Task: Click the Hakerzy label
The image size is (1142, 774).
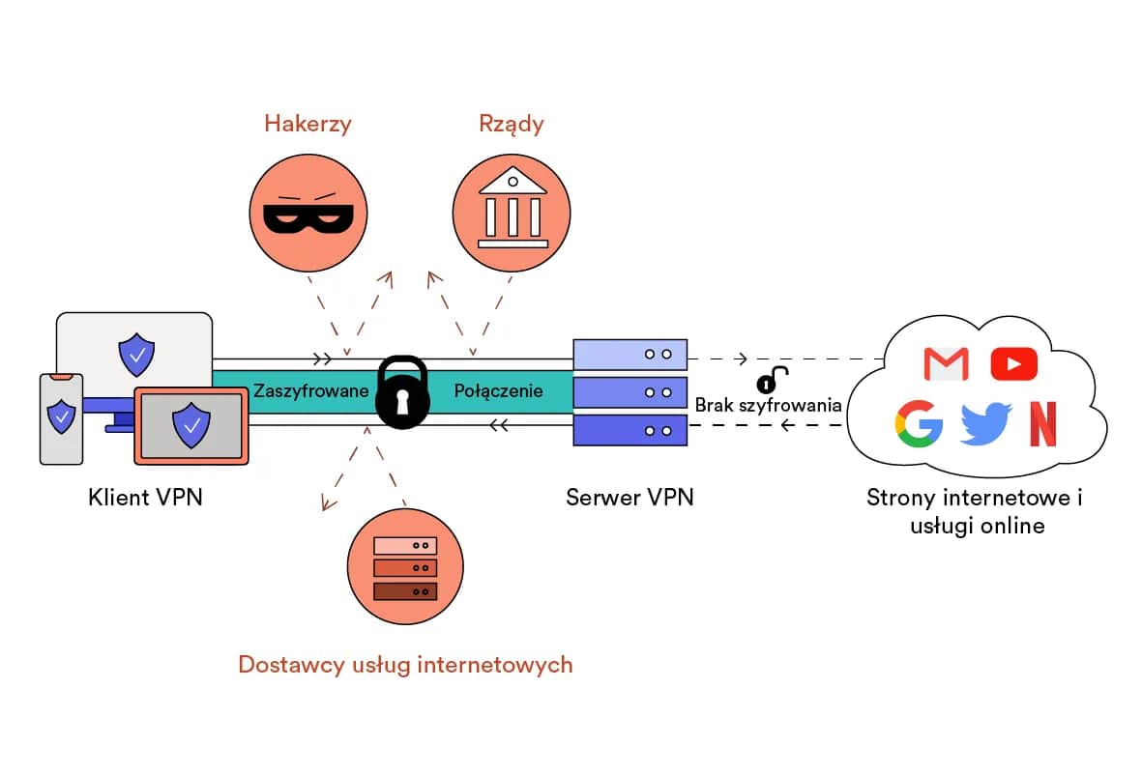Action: pyautogui.click(x=307, y=124)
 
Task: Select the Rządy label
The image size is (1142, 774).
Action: pyautogui.click(x=511, y=124)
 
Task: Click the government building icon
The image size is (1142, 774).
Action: pyautogui.click(x=512, y=210)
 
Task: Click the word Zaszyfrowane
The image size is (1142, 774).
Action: pyautogui.click(x=311, y=391)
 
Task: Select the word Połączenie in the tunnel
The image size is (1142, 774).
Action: pyautogui.click(x=498, y=391)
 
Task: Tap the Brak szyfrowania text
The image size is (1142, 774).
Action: pyautogui.click(x=768, y=405)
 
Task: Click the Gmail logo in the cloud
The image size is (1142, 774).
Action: pyautogui.click(x=946, y=363)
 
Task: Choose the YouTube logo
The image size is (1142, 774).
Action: pyautogui.click(x=1013, y=363)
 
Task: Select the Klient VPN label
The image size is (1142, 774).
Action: pyautogui.click(x=145, y=499)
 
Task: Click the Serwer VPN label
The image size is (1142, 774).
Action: pyautogui.click(x=630, y=499)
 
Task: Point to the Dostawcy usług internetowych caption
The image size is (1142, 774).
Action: pyautogui.click(x=405, y=665)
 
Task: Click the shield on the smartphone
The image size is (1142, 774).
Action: pyautogui.click(x=62, y=416)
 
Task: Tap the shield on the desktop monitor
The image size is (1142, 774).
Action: pyautogui.click(x=135, y=355)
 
